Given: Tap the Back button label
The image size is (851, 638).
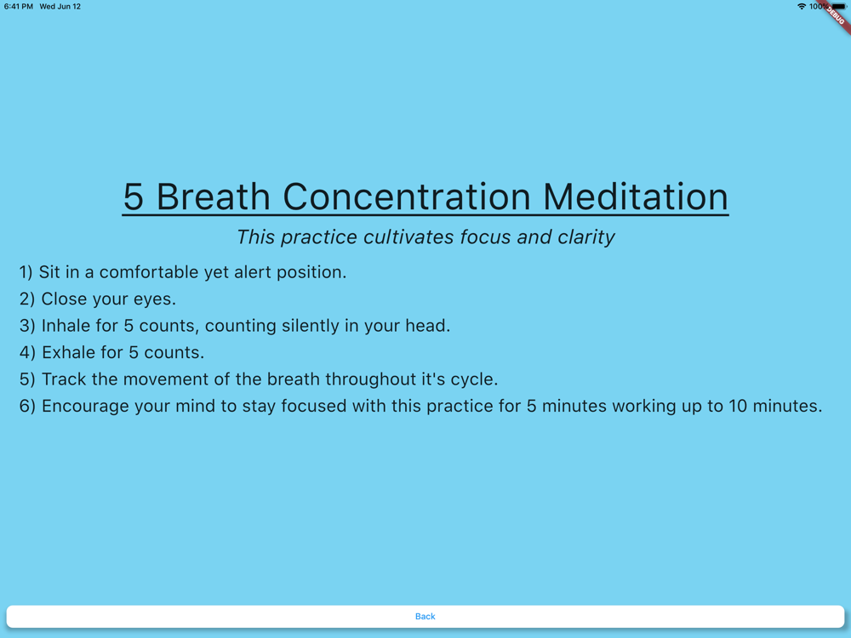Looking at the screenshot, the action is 425,616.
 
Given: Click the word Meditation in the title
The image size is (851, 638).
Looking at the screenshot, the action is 635,197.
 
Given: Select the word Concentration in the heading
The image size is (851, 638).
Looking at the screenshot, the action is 407,197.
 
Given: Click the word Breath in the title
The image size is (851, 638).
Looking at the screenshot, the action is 214,197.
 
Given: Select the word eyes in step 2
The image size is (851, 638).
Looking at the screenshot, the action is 157,299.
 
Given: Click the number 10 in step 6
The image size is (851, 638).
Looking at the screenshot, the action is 738,406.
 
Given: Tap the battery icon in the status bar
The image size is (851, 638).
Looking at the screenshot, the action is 838,7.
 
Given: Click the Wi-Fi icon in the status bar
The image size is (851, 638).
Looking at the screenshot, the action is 801,7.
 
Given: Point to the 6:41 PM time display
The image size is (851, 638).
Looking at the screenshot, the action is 19,7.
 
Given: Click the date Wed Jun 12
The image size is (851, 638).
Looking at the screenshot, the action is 60,7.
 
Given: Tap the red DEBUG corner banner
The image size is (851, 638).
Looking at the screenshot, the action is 837,15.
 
